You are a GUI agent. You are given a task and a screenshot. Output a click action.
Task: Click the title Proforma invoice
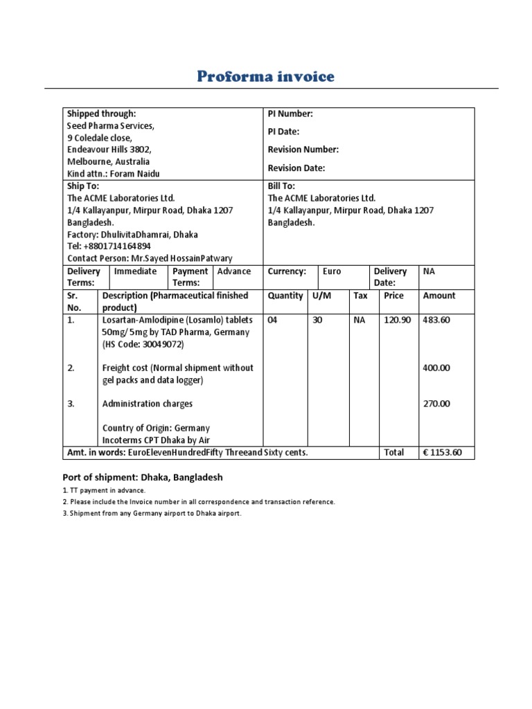[x=266, y=76]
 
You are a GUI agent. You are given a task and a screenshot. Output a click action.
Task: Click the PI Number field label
[x=290, y=114]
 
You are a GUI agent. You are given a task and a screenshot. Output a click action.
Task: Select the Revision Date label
[x=296, y=168]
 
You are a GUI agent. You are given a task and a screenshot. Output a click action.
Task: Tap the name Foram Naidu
[x=141, y=174]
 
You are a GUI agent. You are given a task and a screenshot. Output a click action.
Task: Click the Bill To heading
[x=281, y=186]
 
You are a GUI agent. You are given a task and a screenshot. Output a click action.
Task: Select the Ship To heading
[x=82, y=186]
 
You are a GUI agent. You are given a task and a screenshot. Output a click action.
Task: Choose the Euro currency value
[x=332, y=271]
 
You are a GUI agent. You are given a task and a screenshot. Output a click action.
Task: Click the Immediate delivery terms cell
[x=135, y=271]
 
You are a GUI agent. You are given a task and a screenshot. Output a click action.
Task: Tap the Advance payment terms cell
[x=234, y=271]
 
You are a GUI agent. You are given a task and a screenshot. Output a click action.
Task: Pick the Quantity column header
[x=285, y=296]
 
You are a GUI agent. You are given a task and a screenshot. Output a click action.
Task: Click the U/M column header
[x=322, y=296]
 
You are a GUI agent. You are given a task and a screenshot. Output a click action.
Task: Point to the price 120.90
[x=397, y=320]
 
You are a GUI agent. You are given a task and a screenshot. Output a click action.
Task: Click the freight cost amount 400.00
[x=436, y=368]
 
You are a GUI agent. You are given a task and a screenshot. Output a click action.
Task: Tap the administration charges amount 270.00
[x=436, y=404]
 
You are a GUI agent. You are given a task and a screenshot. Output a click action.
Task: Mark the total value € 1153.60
[x=446, y=452]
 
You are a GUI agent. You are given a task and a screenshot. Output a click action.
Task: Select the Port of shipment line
[x=143, y=477]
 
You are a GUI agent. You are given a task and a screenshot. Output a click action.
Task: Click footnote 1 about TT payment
[x=104, y=490]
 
